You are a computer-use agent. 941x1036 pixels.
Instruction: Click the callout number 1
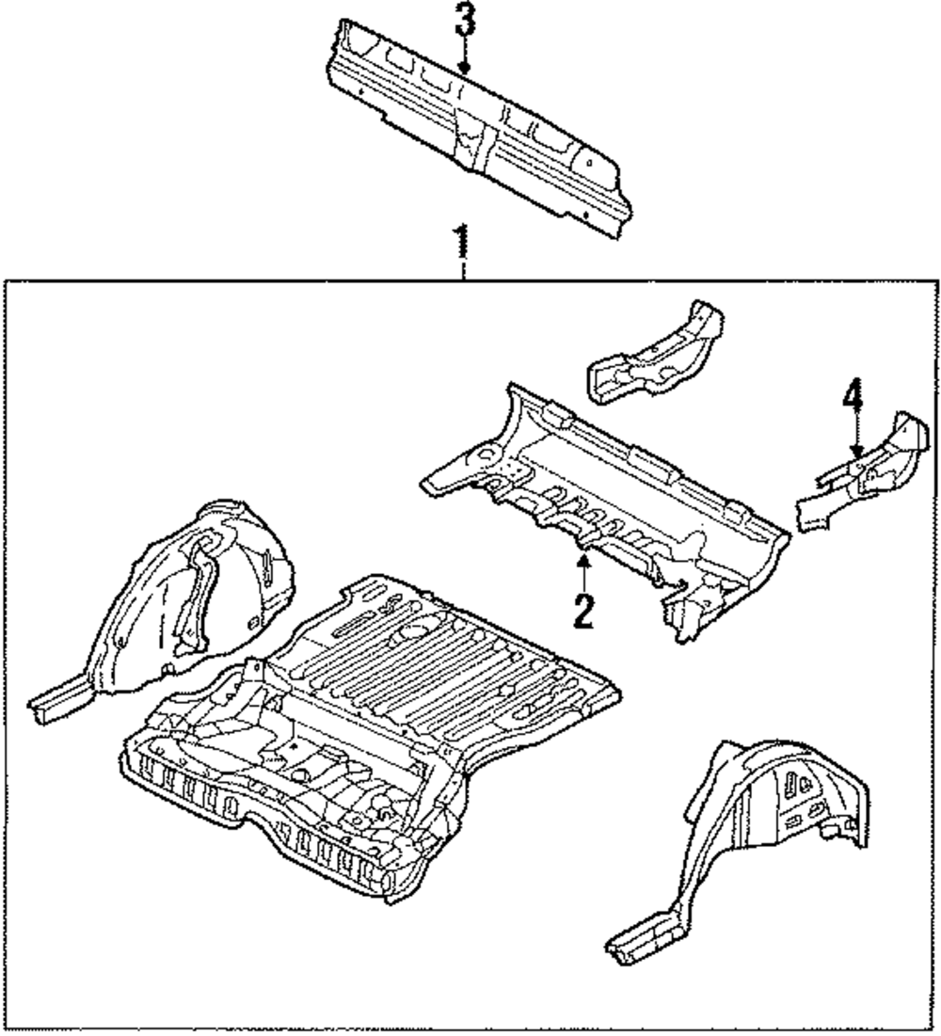click(x=461, y=242)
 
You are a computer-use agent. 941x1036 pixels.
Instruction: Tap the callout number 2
click(x=583, y=611)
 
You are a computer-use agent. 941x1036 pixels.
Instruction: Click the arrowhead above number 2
click(x=583, y=563)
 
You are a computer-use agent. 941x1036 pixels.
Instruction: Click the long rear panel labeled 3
click(x=470, y=122)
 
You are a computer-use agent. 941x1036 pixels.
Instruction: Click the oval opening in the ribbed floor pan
click(x=414, y=631)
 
